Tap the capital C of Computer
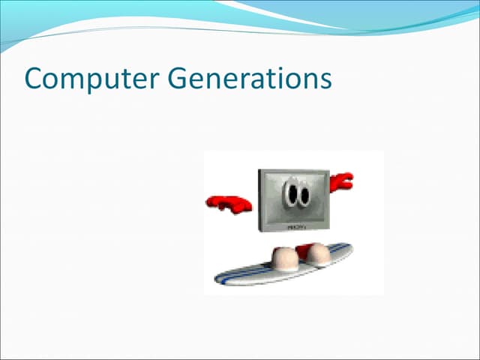[x=34, y=79]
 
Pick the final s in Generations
[x=325, y=80]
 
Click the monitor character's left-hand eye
[x=289, y=194]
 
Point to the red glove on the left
[x=228, y=202]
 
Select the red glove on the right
[x=341, y=181]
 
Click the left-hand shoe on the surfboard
[x=286, y=258]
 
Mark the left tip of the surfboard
[x=217, y=280]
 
